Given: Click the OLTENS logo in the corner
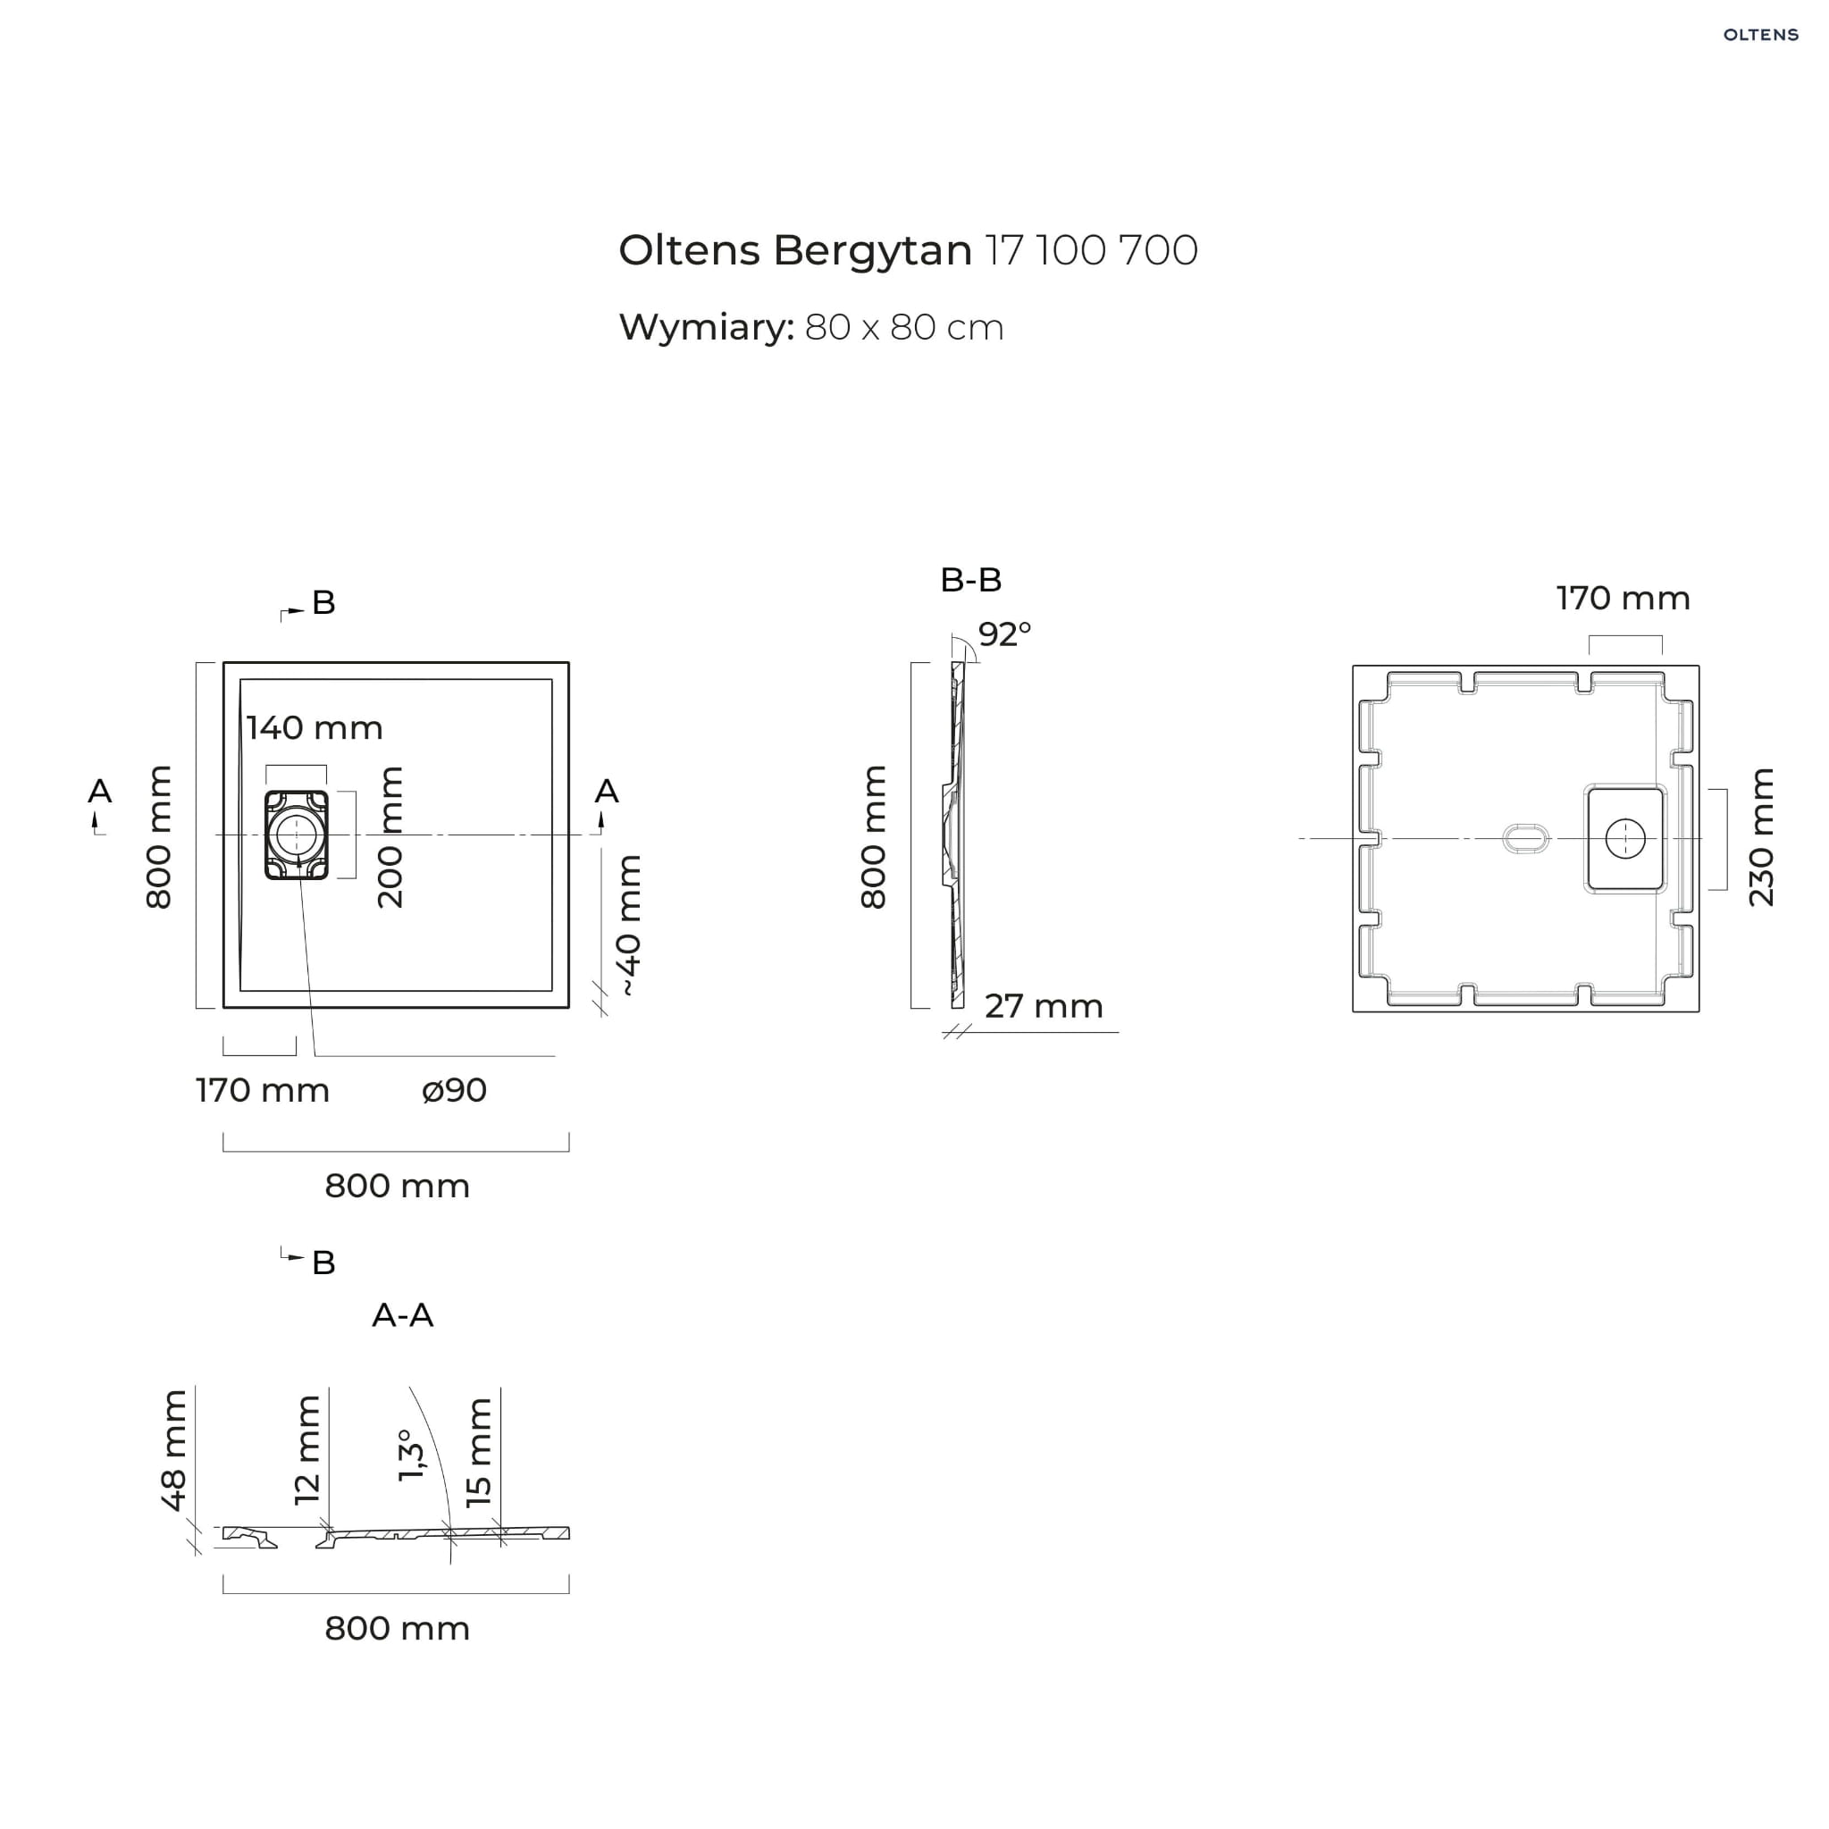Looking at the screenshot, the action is pos(1760,35).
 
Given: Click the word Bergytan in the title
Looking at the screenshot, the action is pos(872,252).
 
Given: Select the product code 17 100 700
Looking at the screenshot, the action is pos(1092,251).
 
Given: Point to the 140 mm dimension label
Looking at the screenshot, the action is pos(315,728).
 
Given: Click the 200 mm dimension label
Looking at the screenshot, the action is pos(390,838).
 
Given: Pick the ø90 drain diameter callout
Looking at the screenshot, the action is pos(455,1090).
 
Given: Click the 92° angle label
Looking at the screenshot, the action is pos(1004,634).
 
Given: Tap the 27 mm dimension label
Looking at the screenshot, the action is pos(1044,1006).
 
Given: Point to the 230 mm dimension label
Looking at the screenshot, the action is pos(1761,838).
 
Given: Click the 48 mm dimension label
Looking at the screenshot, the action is pos(174,1450).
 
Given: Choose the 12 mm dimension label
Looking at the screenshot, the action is pos(307,1450).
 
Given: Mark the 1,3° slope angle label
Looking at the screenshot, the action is pos(411,1455).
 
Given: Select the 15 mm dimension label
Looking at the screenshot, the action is pos(479,1452).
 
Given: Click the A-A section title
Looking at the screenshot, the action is pos(402,1315).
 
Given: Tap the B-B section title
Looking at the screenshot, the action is pos(970,579).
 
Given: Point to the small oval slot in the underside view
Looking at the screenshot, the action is pos(1526,839).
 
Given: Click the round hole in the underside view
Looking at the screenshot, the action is pos(1625,839).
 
